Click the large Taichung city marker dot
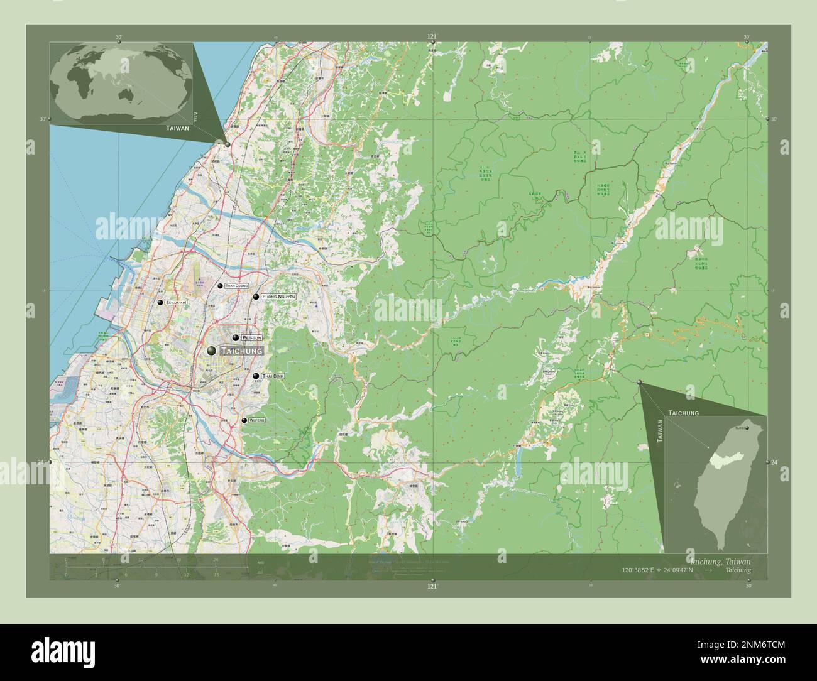point(211,350)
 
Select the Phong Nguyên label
point(278,297)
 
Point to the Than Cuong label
point(236,286)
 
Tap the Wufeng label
point(257,420)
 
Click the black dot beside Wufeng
point(244,420)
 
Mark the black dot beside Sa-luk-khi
point(161,303)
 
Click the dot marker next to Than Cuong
point(220,286)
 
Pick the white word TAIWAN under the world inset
point(177,128)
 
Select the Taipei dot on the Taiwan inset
point(747,428)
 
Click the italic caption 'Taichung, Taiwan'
point(719,560)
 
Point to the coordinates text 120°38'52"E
point(638,570)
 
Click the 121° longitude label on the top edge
point(432,36)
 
